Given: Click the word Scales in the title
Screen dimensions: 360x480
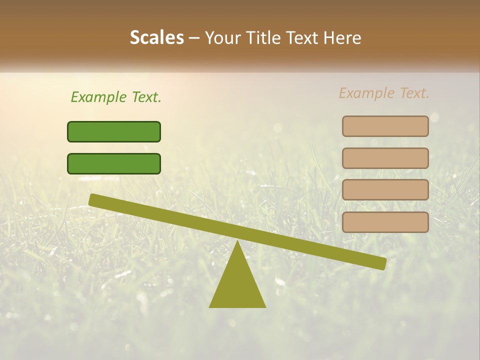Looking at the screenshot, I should tap(156, 38).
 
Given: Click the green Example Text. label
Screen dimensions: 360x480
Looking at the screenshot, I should tap(116, 97).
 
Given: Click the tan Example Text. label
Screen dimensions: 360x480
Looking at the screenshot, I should tap(384, 93).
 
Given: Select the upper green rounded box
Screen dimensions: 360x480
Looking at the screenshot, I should tap(114, 131).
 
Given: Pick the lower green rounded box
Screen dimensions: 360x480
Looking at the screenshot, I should tap(114, 163).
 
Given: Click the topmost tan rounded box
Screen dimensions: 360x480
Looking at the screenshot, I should tap(385, 126).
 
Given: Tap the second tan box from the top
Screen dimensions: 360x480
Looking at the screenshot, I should tap(385, 158).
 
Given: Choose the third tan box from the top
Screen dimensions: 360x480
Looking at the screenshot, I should tap(385, 190).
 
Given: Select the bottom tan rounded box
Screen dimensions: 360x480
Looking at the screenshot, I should tap(385, 222).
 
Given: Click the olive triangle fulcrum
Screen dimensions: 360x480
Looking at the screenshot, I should tap(237, 285).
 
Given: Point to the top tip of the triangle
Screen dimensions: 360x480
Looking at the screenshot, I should tap(237, 242).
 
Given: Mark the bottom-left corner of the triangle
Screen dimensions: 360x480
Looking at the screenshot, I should tap(210, 306).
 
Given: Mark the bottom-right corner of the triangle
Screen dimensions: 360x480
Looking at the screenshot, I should tap(264, 306).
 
